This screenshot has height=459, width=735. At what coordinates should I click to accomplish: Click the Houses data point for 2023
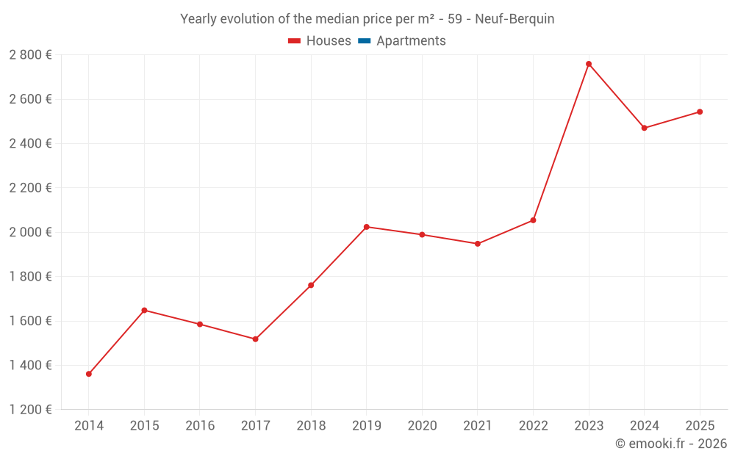(589, 64)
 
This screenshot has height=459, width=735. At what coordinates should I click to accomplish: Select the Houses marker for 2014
(89, 374)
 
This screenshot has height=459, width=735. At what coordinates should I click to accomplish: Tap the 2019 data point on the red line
(367, 227)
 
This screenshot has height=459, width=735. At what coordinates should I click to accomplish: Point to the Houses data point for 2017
(255, 339)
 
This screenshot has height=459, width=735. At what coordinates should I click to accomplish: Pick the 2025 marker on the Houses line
(700, 112)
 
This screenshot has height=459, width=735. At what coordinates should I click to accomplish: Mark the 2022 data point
(533, 220)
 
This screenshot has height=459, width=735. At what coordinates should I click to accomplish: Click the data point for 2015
(144, 310)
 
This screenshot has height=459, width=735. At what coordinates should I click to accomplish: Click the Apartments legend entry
(411, 41)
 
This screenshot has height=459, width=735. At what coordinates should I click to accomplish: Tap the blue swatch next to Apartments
(364, 41)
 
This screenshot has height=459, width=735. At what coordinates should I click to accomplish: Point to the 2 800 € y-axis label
(30, 54)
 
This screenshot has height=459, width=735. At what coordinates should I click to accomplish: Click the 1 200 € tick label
(30, 410)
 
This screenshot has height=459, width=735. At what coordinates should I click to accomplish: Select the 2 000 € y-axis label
(30, 232)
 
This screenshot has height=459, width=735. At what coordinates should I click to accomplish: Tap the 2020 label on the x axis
(422, 426)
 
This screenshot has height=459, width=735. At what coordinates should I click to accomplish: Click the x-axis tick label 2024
(644, 426)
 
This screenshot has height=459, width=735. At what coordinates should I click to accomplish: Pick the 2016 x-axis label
(200, 426)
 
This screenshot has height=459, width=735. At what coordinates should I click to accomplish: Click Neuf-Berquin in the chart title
(514, 19)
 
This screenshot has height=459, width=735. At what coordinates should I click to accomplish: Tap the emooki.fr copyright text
(670, 444)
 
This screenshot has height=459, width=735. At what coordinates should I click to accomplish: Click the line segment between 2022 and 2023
(561, 142)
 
